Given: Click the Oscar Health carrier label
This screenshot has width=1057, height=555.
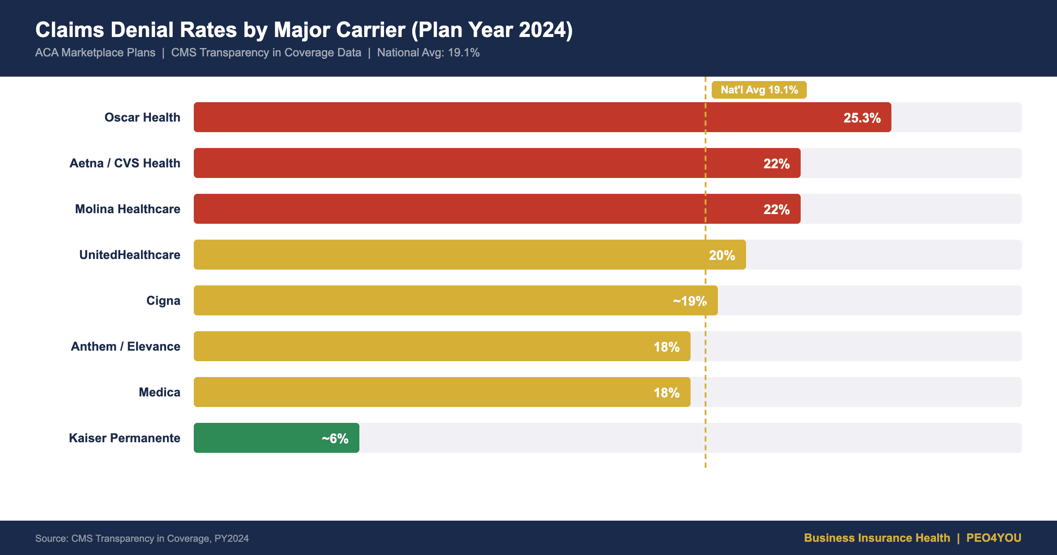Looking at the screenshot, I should (142, 118).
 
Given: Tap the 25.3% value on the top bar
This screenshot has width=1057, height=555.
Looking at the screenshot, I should (861, 118).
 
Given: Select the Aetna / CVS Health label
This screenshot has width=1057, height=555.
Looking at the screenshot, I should (125, 163).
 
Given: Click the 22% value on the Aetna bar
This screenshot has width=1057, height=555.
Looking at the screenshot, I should (776, 164).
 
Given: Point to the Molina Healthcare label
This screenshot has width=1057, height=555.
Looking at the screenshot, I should (127, 209).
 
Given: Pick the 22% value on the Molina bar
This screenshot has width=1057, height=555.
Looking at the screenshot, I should (776, 210).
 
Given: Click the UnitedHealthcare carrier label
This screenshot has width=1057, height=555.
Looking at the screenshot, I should (129, 255).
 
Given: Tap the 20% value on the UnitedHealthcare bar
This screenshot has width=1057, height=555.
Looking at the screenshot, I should (721, 255).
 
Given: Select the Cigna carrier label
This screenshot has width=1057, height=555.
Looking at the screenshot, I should (163, 301).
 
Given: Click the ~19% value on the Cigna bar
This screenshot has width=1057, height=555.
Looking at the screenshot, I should (689, 301).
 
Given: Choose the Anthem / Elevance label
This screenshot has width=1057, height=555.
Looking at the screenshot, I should (126, 347).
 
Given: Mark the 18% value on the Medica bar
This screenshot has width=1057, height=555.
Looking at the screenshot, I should (666, 393).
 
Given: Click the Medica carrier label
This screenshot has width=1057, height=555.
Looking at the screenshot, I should (159, 392).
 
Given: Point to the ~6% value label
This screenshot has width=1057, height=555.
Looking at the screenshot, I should (335, 439).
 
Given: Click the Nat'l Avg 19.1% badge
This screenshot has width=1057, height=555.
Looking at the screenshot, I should (759, 90).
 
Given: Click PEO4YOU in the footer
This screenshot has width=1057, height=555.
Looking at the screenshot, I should (994, 538).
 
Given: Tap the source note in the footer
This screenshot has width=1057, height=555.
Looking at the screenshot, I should (142, 538).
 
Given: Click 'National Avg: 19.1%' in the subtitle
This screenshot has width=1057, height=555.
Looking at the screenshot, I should (428, 53).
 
